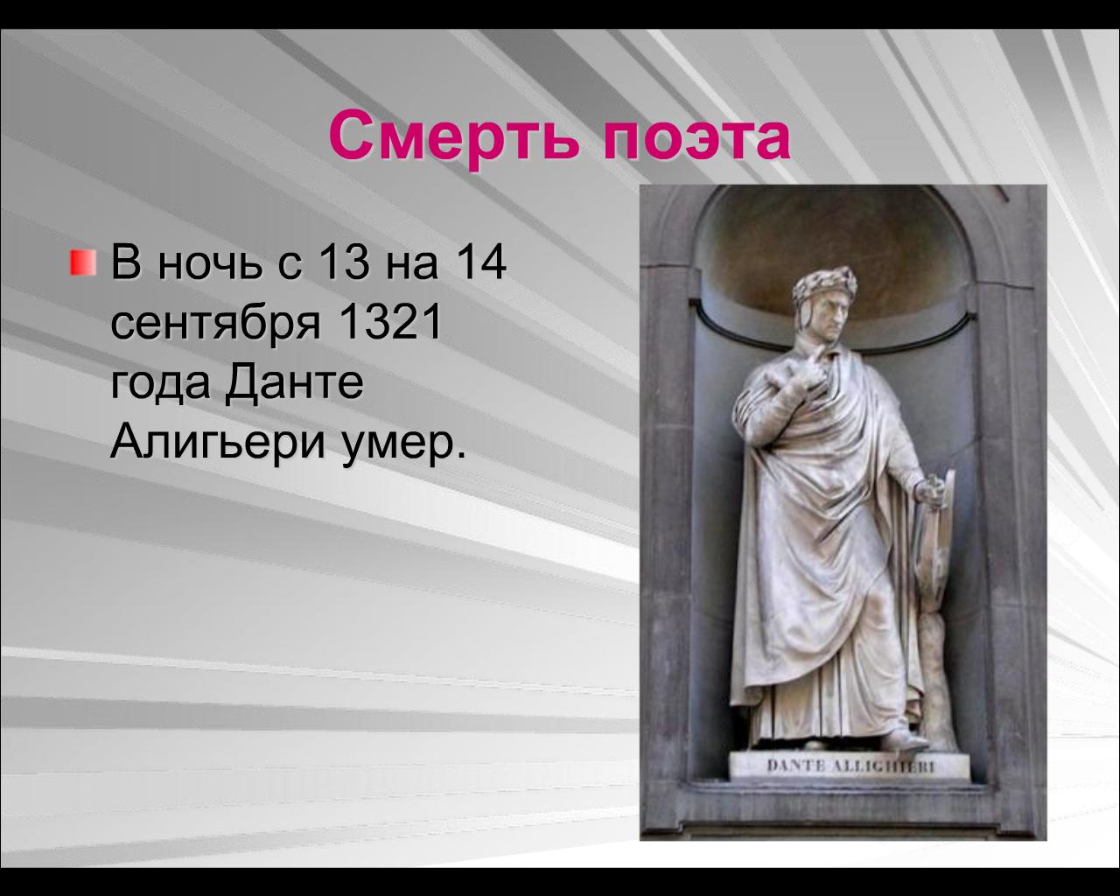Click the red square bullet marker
(x=83, y=262)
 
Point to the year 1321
(x=390, y=321)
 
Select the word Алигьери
(x=218, y=444)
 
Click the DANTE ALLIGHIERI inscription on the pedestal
(x=850, y=766)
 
